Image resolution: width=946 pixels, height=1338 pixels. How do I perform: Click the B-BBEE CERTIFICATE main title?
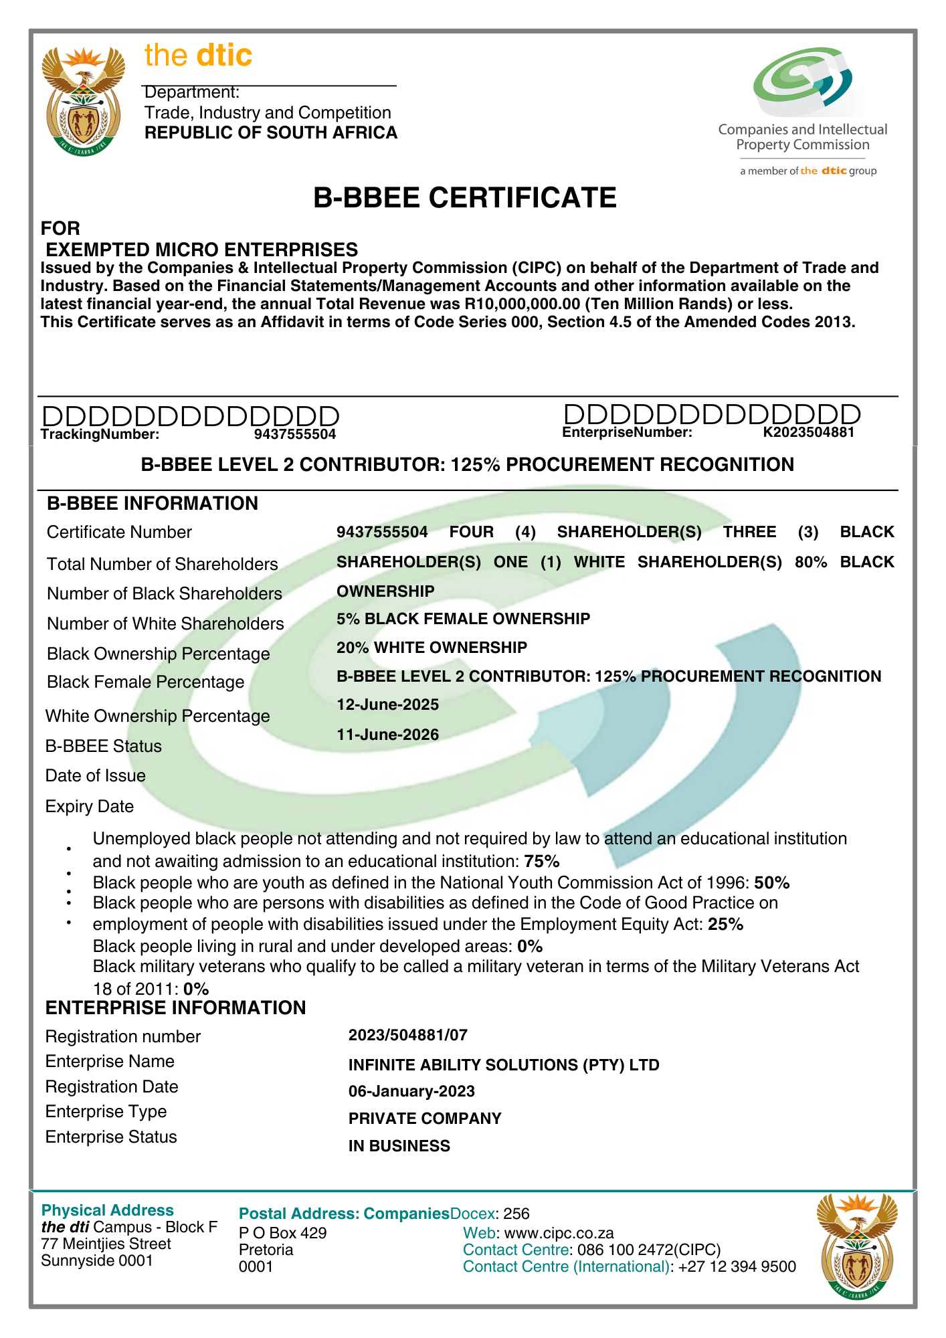465,198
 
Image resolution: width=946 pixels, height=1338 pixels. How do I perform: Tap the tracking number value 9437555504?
294,434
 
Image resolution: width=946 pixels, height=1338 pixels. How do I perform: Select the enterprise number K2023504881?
808,432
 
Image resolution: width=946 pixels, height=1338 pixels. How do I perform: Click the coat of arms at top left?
84,100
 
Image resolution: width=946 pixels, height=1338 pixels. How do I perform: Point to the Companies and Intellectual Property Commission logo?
803,110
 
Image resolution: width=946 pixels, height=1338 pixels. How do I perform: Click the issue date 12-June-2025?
388,704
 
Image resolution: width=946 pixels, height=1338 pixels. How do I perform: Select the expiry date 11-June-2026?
388,735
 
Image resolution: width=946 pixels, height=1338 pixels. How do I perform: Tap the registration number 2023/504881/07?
408,1036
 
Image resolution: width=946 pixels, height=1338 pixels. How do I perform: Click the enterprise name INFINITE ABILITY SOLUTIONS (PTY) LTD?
504,1064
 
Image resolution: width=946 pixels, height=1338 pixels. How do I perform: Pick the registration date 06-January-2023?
411,1091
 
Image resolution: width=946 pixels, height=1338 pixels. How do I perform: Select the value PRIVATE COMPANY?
425,1119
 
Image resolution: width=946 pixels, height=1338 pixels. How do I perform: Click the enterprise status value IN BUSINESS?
399,1146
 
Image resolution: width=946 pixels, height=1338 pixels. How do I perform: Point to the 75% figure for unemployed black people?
542,861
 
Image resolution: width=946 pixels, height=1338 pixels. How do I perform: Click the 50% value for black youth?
772,883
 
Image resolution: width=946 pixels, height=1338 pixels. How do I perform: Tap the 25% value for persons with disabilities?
726,925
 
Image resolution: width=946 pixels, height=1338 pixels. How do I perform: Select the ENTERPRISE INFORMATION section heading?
175,1008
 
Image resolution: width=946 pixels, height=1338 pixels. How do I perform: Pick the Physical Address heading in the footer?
108,1210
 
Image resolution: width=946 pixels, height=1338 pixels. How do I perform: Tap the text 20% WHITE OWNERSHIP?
432,648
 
